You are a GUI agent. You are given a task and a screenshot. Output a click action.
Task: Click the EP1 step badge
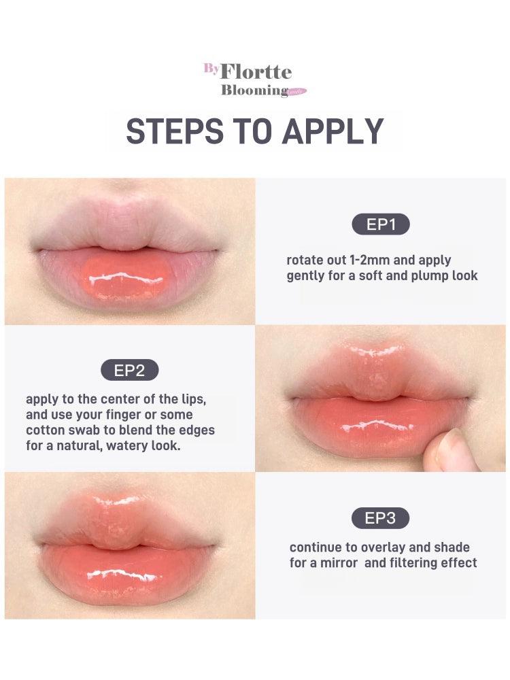381,224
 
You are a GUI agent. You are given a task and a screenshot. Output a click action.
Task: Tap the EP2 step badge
129,371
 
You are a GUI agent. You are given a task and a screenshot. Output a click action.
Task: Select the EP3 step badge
380,518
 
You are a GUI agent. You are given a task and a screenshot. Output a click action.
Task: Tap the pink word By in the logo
211,69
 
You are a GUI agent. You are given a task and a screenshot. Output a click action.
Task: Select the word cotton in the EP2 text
47,430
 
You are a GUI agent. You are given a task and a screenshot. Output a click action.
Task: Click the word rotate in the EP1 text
305,260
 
